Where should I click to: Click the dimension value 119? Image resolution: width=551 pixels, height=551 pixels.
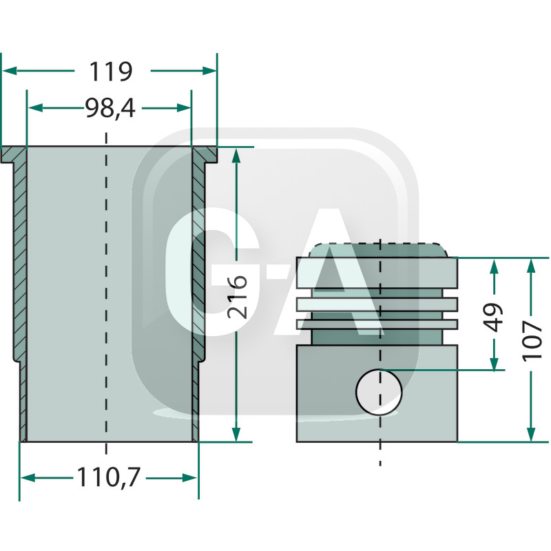click(110, 71)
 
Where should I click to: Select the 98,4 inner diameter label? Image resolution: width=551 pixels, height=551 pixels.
click(110, 108)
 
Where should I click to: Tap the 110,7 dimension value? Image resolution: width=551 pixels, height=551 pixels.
click(110, 477)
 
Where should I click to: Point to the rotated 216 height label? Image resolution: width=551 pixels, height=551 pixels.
click(238, 295)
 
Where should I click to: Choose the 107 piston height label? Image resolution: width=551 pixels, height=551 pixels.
click(532, 341)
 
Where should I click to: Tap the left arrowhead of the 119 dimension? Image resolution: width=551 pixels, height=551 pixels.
click(8, 70)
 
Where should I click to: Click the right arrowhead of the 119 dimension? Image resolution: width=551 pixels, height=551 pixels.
click(210, 70)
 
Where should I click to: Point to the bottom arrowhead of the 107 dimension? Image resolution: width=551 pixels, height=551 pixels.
click(530, 435)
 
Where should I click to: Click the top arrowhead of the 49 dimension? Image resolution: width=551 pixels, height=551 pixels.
click(494, 266)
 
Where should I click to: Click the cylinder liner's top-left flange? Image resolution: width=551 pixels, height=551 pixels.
click(12, 155)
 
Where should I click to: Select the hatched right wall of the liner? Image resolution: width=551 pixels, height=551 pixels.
click(198, 262)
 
